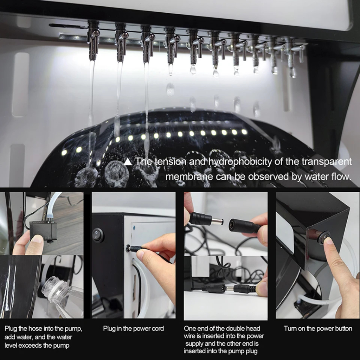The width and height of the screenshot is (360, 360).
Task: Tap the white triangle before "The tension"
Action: point(128,162)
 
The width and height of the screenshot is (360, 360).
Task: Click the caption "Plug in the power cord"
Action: point(133,329)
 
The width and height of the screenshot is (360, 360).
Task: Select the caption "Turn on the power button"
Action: point(318,329)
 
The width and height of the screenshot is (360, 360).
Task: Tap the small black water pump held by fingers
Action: point(44,231)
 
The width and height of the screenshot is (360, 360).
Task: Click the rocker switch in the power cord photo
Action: point(98,235)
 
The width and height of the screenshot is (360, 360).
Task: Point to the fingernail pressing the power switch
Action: point(329,240)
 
